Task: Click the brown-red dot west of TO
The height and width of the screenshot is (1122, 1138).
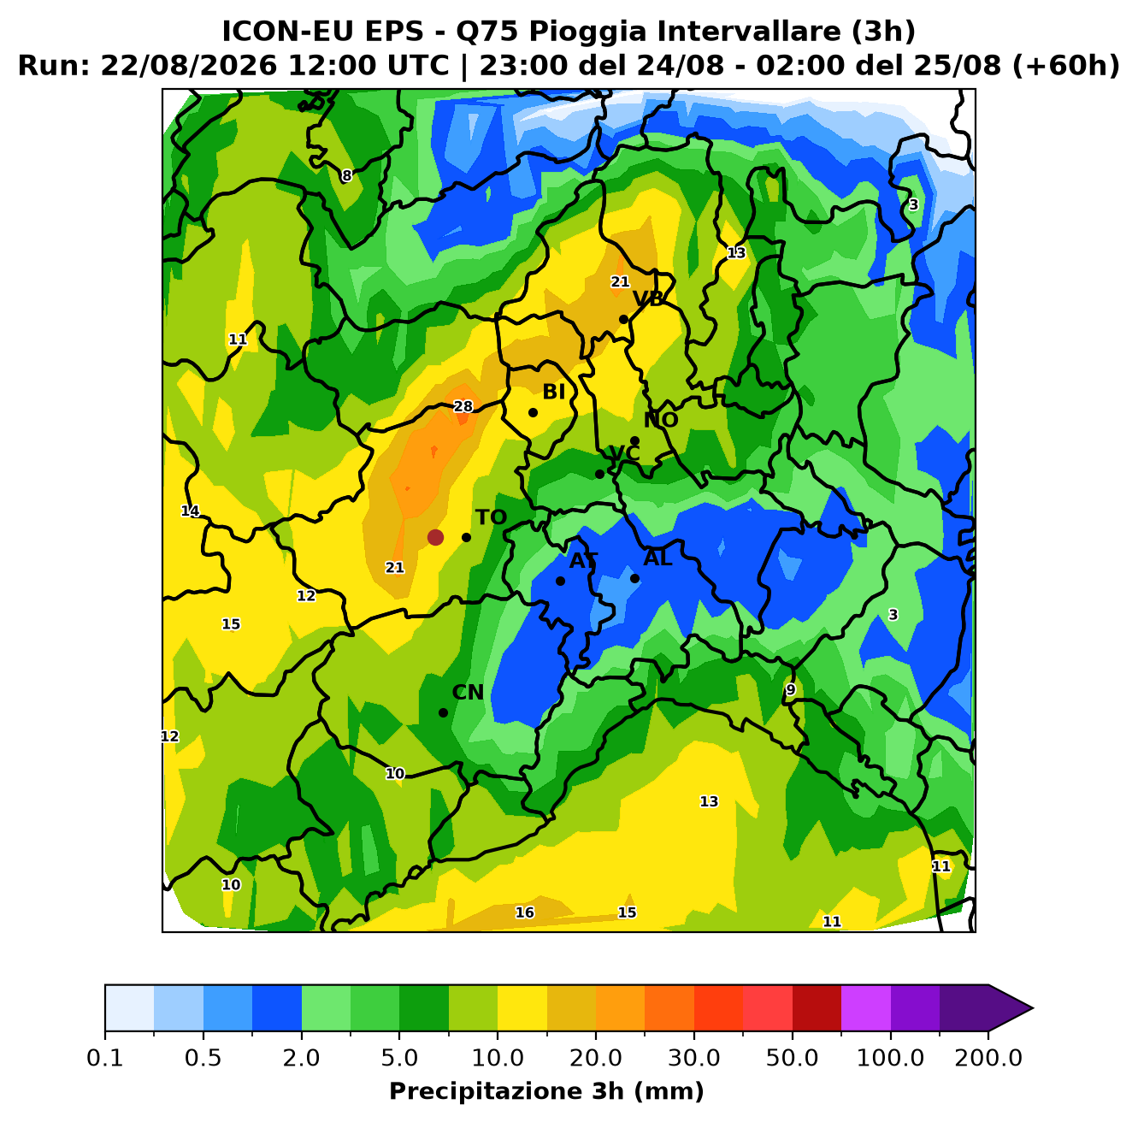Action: (x=435, y=537)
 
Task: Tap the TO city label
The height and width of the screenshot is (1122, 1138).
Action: (x=492, y=517)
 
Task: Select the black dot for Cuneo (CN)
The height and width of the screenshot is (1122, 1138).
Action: (x=443, y=712)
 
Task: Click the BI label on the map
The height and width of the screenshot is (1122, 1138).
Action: (x=553, y=392)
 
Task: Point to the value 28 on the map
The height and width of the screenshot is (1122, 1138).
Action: (x=463, y=406)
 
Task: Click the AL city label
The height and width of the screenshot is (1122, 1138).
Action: (x=657, y=558)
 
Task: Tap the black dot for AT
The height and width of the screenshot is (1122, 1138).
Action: (x=560, y=581)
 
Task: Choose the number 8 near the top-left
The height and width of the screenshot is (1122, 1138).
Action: (x=346, y=175)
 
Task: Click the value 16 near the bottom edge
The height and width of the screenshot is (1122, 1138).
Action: (x=524, y=912)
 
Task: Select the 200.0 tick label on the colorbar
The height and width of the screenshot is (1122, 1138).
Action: (x=988, y=1057)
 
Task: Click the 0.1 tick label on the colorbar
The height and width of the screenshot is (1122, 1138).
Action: (x=105, y=1057)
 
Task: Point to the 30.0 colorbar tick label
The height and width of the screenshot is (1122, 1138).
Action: (x=694, y=1057)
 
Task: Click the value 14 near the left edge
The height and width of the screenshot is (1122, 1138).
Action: (x=190, y=511)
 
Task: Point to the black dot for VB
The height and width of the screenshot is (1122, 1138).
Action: (x=623, y=320)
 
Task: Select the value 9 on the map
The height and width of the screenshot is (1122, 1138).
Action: (x=791, y=689)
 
